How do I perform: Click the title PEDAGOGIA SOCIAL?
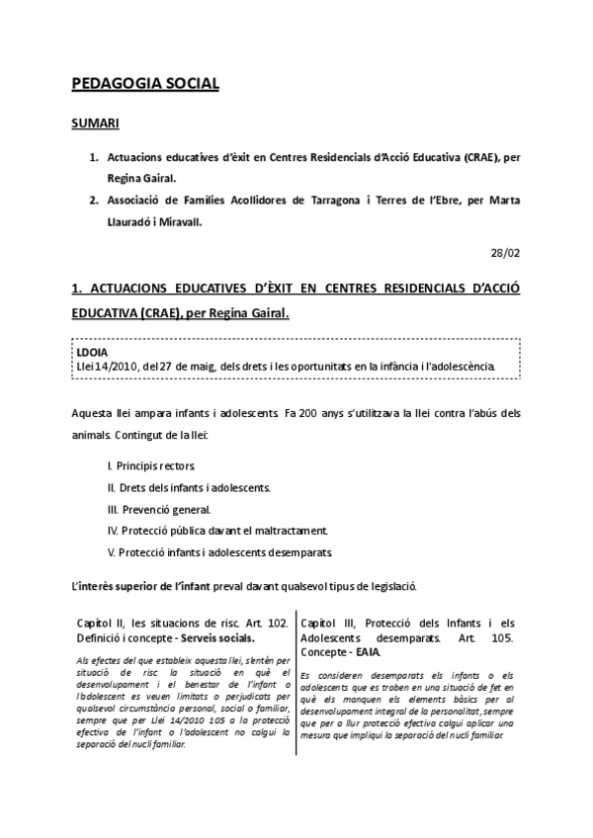(x=145, y=85)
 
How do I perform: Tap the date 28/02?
(x=505, y=253)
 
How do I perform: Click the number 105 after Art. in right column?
(x=502, y=638)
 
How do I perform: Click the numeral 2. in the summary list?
(x=94, y=200)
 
